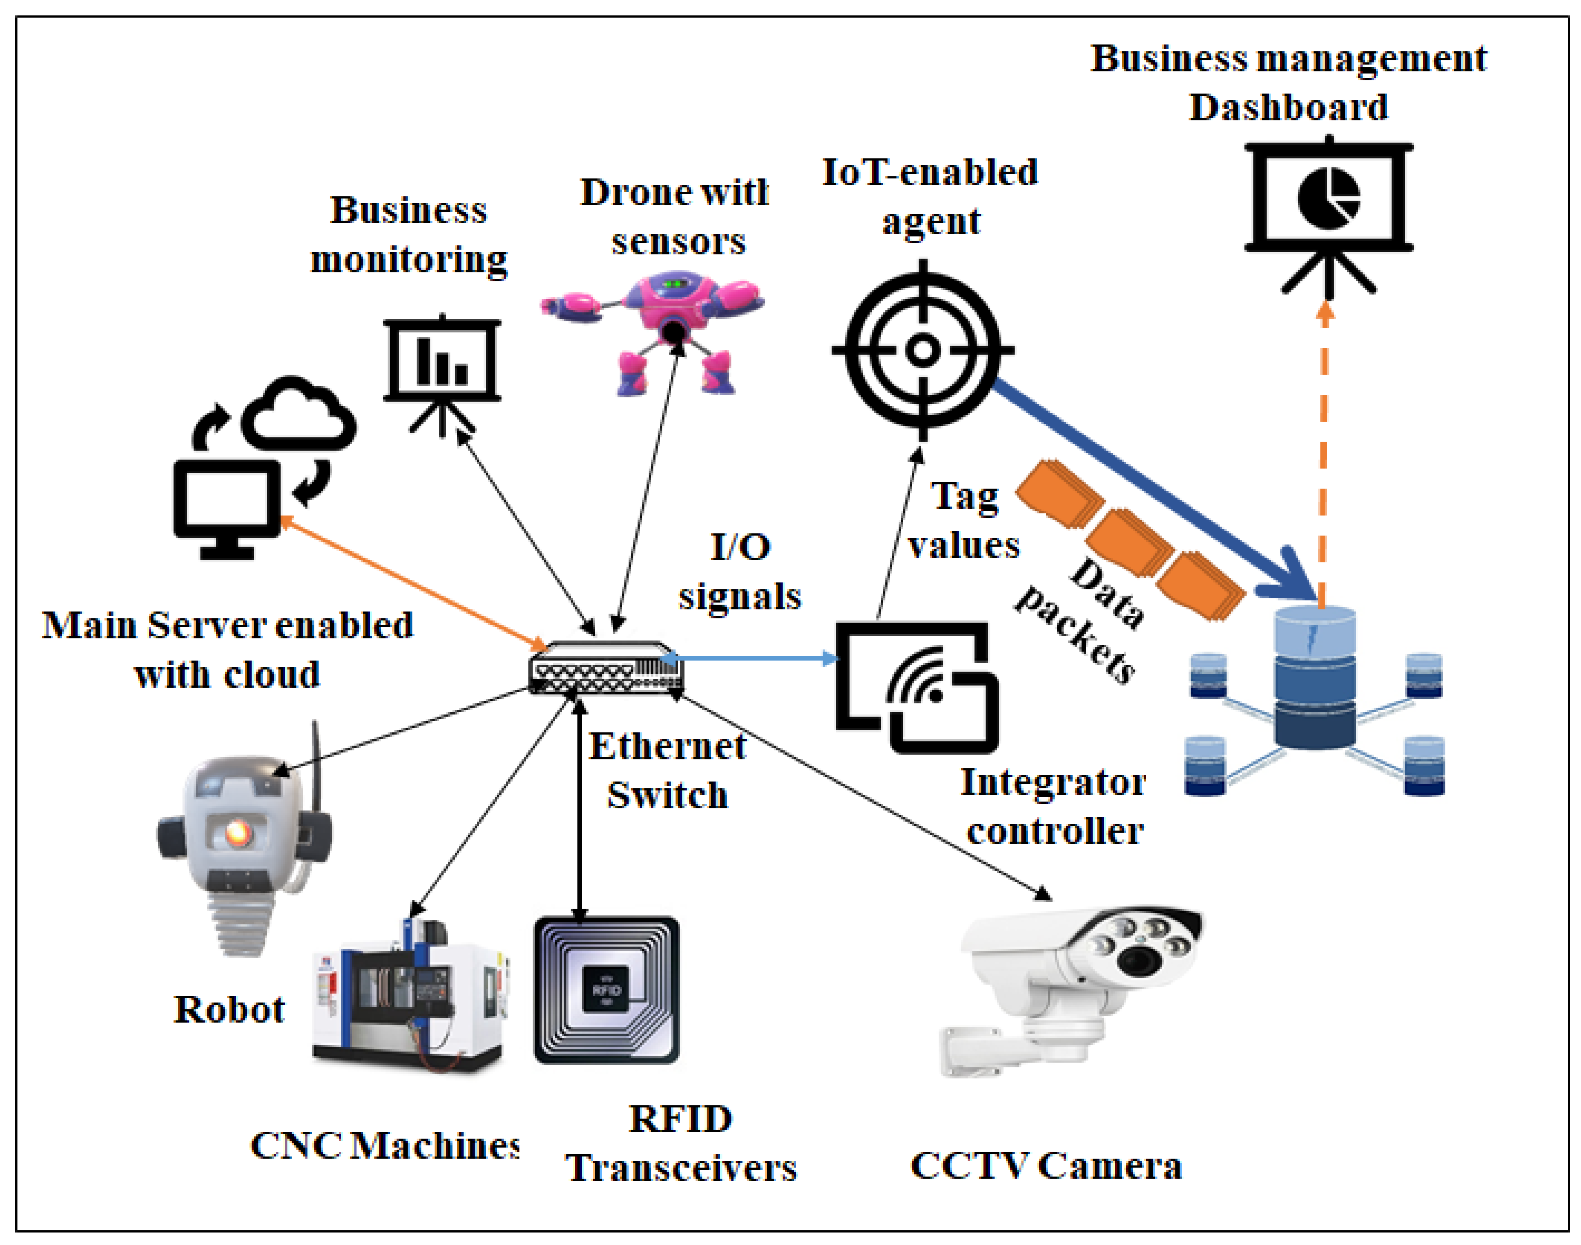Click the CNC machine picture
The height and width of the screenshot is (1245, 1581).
pos(408,999)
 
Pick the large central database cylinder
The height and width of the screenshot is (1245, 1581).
pos(1315,678)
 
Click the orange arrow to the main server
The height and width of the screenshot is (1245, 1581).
pos(411,581)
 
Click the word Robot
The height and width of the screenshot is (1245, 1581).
pos(229,1010)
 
